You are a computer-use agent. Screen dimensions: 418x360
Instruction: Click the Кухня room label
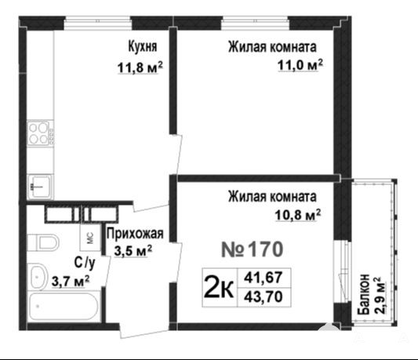click(143, 47)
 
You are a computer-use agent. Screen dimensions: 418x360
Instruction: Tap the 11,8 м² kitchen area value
click(140, 67)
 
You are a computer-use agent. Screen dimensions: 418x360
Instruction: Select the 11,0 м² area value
click(300, 65)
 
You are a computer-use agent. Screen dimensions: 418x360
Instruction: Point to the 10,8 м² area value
click(298, 215)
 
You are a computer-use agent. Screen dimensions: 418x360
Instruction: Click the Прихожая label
click(135, 234)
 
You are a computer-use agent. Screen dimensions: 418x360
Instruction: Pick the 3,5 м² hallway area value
click(133, 251)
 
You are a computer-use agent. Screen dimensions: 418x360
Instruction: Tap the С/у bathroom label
click(85, 263)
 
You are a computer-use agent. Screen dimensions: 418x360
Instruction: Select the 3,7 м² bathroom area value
click(71, 281)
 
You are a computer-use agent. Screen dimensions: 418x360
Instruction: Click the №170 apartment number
click(253, 249)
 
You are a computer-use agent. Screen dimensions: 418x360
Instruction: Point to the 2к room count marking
click(219, 288)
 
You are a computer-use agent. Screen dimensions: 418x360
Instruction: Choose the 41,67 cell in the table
click(264, 278)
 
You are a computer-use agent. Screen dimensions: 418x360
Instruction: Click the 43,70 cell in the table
click(264, 296)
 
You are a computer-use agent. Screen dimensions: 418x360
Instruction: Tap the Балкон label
click(364, 294)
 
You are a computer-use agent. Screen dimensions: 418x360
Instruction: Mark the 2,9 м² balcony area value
click(380, 296)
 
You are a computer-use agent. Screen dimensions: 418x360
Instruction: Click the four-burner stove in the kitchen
click(40, 133)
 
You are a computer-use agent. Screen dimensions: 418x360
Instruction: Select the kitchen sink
click(40, 187)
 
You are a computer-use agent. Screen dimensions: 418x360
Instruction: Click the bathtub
click(64, 307)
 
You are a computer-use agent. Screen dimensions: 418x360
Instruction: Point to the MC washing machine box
click(91, 237)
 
